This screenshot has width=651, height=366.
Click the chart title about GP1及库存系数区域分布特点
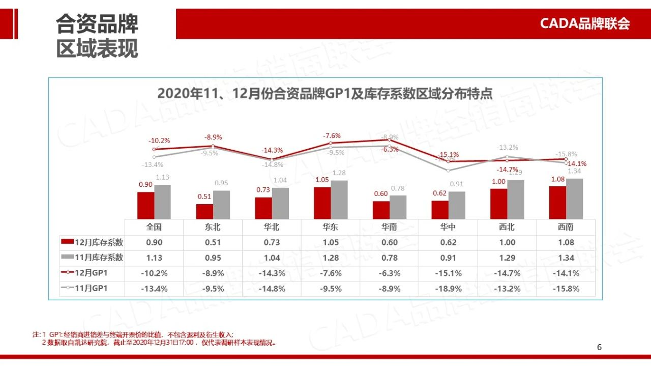tap(325, 94)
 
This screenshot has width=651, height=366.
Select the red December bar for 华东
tap(322, 203)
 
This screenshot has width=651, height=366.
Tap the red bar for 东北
tap(205, 211)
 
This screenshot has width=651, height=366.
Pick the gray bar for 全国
tap(162, 202)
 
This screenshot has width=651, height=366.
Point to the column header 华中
tap(448, 227)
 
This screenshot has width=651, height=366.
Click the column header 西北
tap(507, 227)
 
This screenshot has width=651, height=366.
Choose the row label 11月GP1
tap(91, 289)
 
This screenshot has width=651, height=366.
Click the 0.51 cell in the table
tap(213, 242)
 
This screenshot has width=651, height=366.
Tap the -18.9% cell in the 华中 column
tap(448, 289)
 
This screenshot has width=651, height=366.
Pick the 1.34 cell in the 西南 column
tap(566, 258)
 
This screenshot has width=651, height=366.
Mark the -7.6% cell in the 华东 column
tap(331, 273)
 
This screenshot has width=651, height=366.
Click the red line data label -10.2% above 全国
tap(159, 140)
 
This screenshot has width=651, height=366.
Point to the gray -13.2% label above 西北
tap(507, 148)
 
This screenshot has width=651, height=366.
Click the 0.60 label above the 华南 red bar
tap(380, 193)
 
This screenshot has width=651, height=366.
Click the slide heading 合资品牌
tap(97, 24)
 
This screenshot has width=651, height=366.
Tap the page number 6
tap(599, 347)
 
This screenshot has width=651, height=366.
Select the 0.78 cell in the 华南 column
tap(389, 258)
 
